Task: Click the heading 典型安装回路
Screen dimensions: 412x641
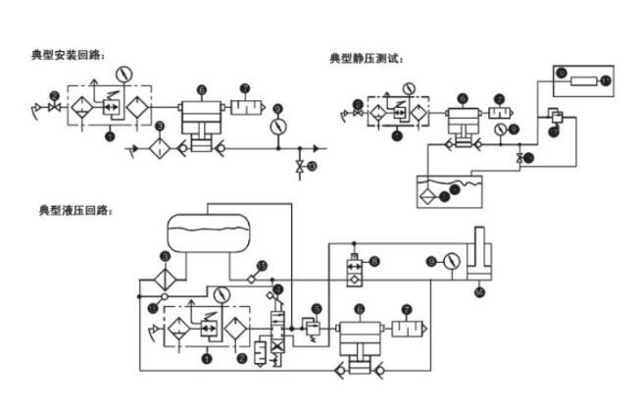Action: pyautogui.click(x=68, y=54)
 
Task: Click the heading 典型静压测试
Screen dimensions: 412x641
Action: pyautogui.click(x=367, y=58)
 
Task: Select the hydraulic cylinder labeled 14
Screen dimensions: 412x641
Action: pyautogui.click(x=479, y=260)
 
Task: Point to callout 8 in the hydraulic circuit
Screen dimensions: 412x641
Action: pyautogui.click(x=373, y=262)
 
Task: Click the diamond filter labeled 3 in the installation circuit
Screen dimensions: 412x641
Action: pyautogui.click(x=161, y=149)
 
